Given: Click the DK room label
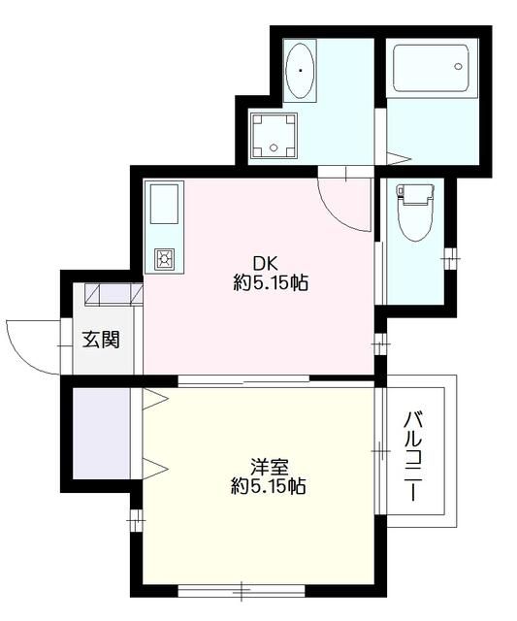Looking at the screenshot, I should [x=265, y=263].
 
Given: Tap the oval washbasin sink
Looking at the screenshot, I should [x=302, y=71].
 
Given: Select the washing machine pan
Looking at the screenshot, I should [x=275, y=135].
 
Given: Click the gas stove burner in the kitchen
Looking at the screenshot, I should [x=163, y=258].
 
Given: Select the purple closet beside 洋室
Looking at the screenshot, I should [x=101, y=431].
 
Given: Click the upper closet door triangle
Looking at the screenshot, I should [x=156, y=398].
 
